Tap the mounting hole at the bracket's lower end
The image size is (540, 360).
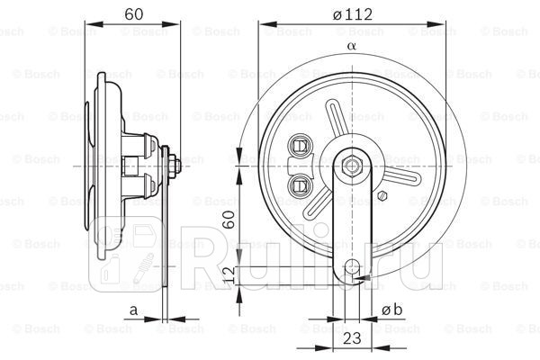point(353,266)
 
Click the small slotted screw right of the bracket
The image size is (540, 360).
point(383,194)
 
